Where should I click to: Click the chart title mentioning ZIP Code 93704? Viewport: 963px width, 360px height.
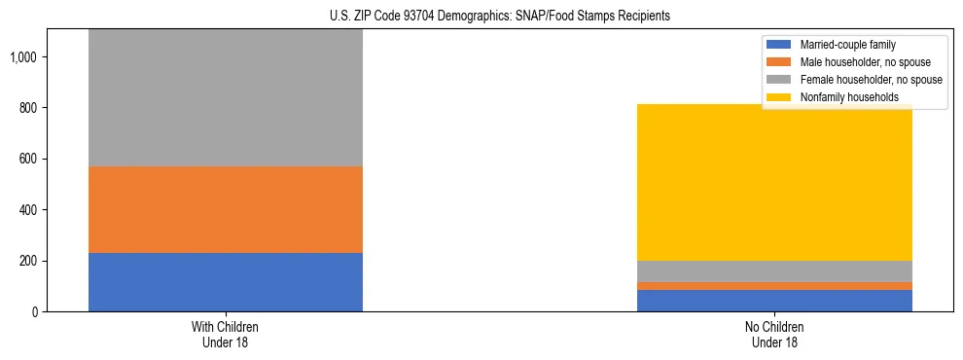coord(481,17)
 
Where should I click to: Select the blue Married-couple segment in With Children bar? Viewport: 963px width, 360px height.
coord(225,282)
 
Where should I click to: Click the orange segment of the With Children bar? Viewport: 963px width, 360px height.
coord(225,209)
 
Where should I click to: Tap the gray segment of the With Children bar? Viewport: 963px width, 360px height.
coord(225,97)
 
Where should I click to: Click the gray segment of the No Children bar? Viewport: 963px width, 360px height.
coord(774,271)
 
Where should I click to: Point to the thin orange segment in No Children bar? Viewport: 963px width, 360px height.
coord(774,286)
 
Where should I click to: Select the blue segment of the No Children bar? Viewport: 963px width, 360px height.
coord(774,301)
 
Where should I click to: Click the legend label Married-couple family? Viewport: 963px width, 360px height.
coord(847,45)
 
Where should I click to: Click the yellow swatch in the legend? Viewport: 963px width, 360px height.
coord(779,97)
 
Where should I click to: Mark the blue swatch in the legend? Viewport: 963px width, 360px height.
coord(779,45)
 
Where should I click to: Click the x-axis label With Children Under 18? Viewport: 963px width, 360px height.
coord(225,334)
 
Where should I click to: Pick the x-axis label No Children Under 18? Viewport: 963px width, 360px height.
coord(774,334)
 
